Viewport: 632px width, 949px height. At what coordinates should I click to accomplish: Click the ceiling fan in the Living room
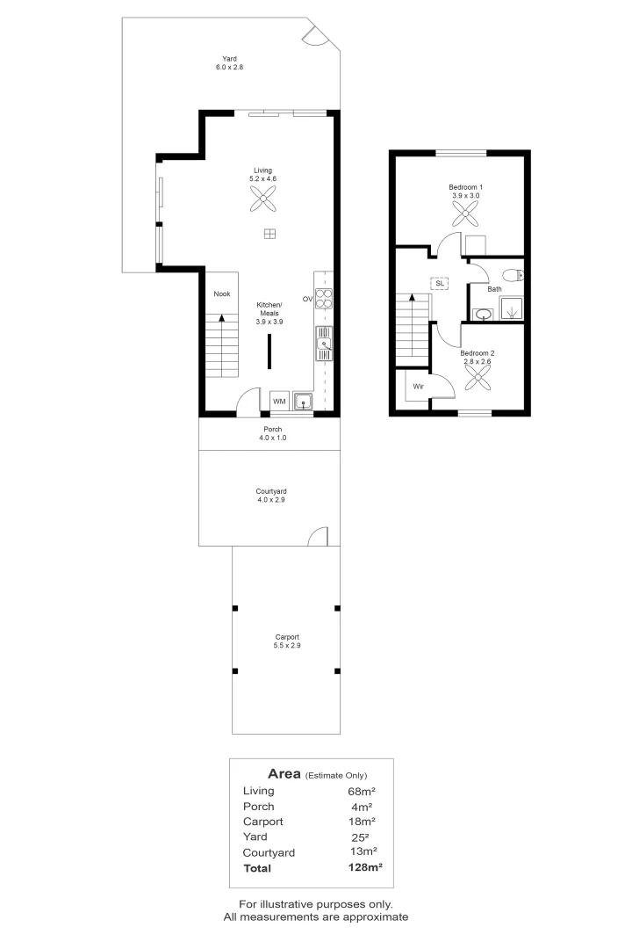[x=263, y=202]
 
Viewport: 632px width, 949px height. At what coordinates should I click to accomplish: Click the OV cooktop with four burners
[x=324, y=299]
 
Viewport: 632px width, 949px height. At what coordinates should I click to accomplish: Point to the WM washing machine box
[x=279, y=401]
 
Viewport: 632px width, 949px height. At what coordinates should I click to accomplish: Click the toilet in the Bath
[x=515, y=274]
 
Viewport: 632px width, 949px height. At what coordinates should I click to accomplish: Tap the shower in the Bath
[x=511, y=308]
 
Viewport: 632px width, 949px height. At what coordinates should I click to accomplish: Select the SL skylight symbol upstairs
[x=439, y=283]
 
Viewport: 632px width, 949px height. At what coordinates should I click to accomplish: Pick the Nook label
[x=221, y=295]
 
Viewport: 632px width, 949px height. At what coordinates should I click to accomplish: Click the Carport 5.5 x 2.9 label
[x=286, y=641]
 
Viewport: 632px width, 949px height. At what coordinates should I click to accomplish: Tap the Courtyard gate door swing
[x=319, y=536]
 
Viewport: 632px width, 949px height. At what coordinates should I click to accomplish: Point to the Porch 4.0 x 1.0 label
[x=272, y=433]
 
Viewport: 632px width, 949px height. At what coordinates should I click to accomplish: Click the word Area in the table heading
[x=284, y=774]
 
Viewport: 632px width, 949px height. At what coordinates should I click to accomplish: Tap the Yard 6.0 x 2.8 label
[x=229, y=62]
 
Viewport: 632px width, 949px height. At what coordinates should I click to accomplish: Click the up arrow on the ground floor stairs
[x=221, y=320]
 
